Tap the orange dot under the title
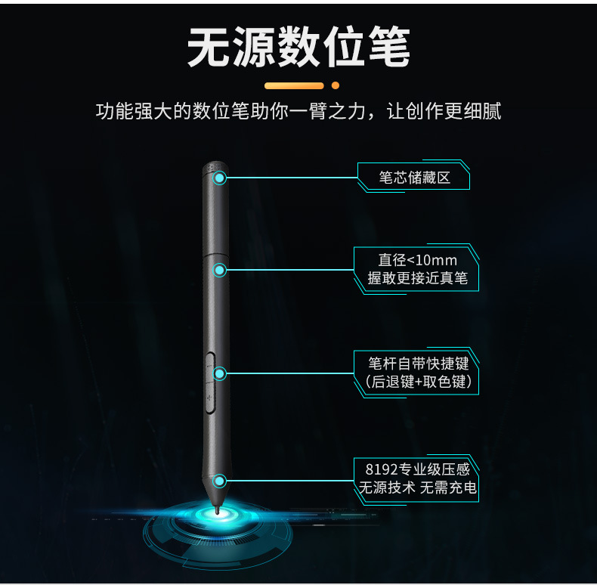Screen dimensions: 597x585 (335, 85)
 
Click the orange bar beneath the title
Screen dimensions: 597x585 (293, 85)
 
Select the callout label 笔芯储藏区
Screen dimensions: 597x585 (414, 178)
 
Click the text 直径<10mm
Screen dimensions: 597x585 (417, 260)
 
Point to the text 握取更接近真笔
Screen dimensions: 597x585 (417, 278)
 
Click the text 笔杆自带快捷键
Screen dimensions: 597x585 (418, 364)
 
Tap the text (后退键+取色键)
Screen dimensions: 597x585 (418, 382)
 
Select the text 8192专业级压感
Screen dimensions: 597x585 (417, 469)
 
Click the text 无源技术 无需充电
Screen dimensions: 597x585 (417, 488)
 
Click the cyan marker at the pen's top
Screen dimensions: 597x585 (220, 178)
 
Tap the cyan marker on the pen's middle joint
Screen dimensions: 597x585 (220, 270)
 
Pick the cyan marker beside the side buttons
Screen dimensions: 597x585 (220, 373)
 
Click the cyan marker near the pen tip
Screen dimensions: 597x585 (220, 481)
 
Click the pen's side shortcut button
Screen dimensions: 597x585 (209, 382)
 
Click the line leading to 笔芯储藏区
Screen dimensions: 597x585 (291, 178)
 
